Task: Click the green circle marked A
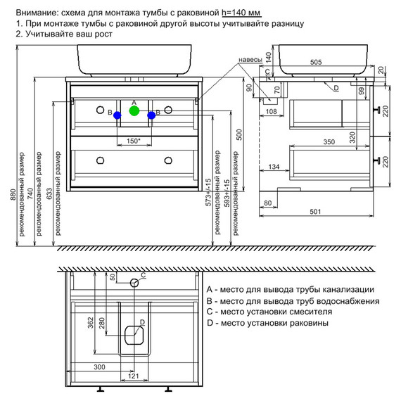click(134, 110)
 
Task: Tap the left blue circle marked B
click(117, 115)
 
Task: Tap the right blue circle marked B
click(151, 115)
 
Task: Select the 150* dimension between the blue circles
click(134, 141)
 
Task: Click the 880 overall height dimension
click(13, 195)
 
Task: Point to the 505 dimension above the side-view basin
click(316, 62)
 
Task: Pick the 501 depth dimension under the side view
click(315, 212)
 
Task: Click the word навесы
click(250, 60)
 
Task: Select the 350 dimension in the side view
click(329, 141)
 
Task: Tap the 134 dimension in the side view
click(274, 167)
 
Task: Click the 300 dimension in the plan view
click(99, 367)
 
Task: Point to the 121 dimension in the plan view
click(134, 376)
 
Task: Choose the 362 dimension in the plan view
click(90, 323)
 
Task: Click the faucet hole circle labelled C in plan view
click(134, 283)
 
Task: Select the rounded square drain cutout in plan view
click(134, 335)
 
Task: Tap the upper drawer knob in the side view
click(378, 110)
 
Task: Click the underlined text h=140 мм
click(241, 12)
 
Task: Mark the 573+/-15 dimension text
click(209, 192)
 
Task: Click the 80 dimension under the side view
click(268, 203)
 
